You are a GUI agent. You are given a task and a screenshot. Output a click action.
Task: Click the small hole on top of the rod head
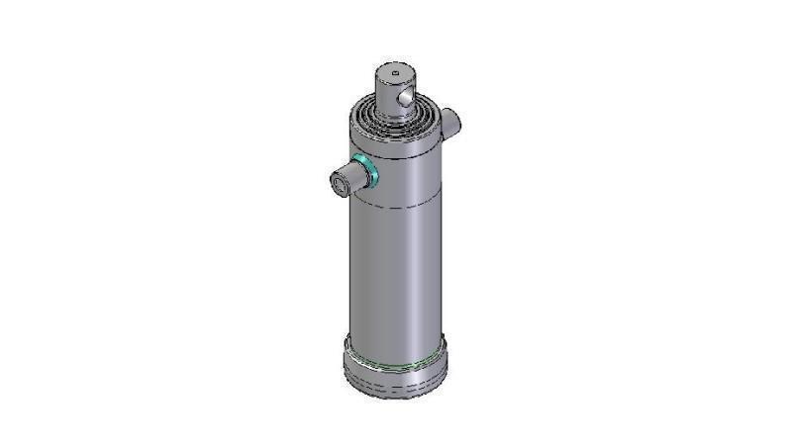coord(393,71)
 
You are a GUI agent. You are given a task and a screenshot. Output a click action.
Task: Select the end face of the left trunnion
coord(340,183)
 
